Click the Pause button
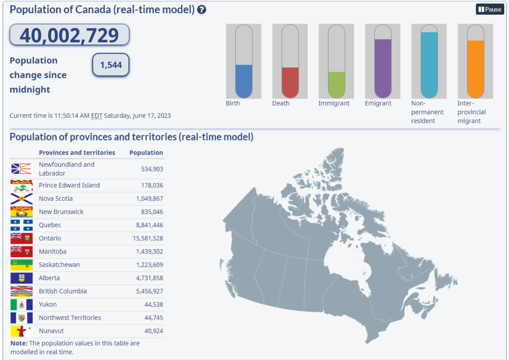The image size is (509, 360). click(490, 9)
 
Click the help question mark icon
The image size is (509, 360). click(202, 10)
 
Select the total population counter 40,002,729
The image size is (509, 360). click(69, 35)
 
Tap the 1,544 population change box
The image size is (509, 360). click(111, 65)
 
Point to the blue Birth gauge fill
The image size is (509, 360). click(244, 81)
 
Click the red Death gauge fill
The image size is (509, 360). click(290, 82)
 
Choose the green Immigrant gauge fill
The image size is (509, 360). click(337, 85)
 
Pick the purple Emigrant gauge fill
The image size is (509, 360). click(383, 68)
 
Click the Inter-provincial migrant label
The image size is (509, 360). click(471, 112)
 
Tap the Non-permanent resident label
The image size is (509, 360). click(427, 112)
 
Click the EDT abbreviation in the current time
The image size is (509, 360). click(97, 115)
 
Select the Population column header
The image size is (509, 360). click(146, 153)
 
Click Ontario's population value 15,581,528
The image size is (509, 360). click(148, 238)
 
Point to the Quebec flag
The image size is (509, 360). click(21, 225)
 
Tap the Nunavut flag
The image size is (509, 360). click(21, 331)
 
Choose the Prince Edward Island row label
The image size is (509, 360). click(69, 185)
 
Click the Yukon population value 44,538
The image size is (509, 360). click(154, 304)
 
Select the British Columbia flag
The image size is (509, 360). click(21, 291)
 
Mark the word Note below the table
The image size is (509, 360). click(19, 343)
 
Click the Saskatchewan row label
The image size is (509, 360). click(59, 265)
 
